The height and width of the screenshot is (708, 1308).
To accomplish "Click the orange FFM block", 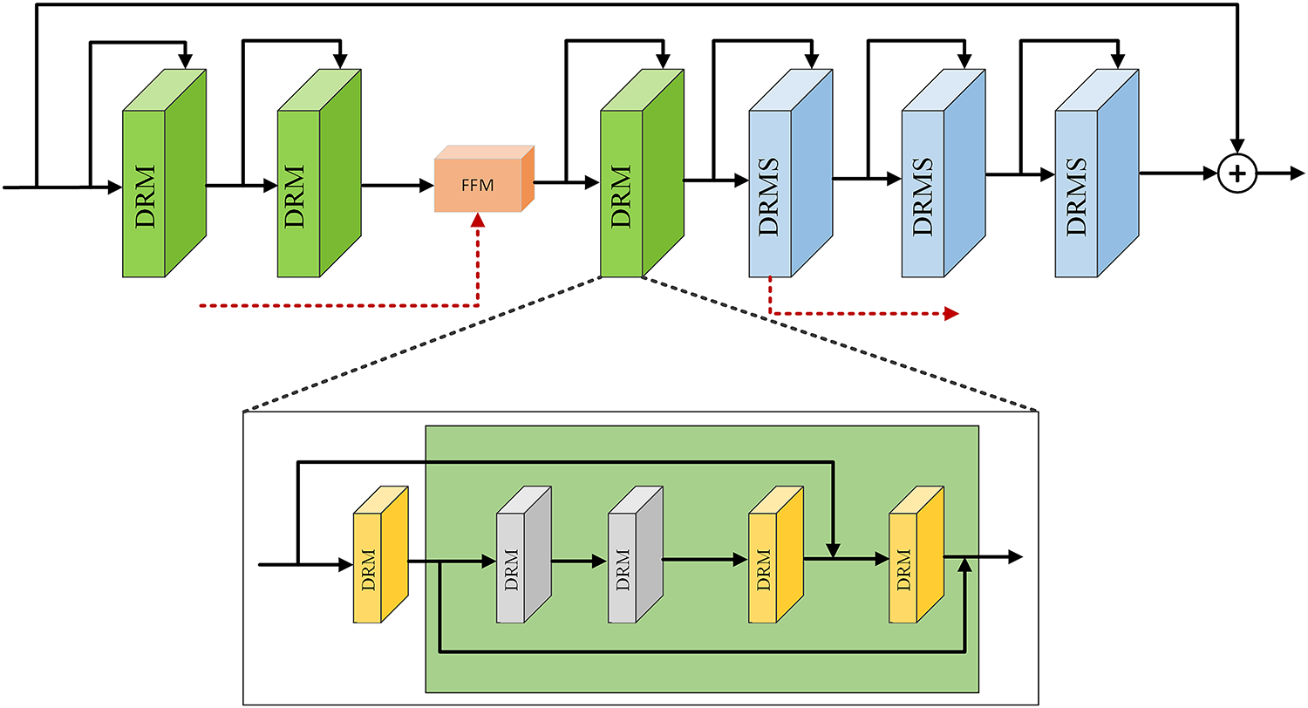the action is [x=484, y=179].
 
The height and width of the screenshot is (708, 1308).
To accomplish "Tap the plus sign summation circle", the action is [x=1236, y=174].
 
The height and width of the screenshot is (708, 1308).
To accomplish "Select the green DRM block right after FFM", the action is [x=643, y=174].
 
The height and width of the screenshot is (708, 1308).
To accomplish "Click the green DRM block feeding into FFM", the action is [x=319, y=174].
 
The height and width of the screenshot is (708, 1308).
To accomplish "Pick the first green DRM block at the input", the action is [x=164, y=174].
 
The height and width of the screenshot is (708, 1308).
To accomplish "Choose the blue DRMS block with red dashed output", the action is [x=791, y=174].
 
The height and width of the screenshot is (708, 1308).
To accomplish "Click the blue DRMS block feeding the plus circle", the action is [x=1097, y=174].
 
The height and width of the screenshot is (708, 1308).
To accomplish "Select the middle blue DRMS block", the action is [x=944, y=174].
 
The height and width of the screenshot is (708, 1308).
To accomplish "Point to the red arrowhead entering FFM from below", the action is [x=478, y=220].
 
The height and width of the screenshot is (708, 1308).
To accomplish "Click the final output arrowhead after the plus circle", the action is [x=1298, y=174].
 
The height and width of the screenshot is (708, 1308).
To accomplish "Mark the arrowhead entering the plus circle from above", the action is [x=1236, y=146].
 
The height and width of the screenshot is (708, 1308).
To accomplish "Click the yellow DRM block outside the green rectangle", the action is [x=381, y=555].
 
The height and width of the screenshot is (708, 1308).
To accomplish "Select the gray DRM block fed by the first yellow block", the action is [x=524, y=555].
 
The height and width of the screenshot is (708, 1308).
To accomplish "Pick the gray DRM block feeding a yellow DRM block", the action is [x=636, y=555].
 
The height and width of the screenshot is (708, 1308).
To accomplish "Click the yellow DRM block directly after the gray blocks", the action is [x=776, y=555].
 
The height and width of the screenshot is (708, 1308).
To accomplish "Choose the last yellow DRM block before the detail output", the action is [x=916, y=555].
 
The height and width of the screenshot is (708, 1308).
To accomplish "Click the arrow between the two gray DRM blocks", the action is [x=579, y=562].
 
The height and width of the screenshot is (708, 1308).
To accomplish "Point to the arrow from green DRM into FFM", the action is [x=398, y=186].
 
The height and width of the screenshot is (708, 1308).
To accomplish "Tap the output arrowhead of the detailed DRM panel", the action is [x=1016, y=557].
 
